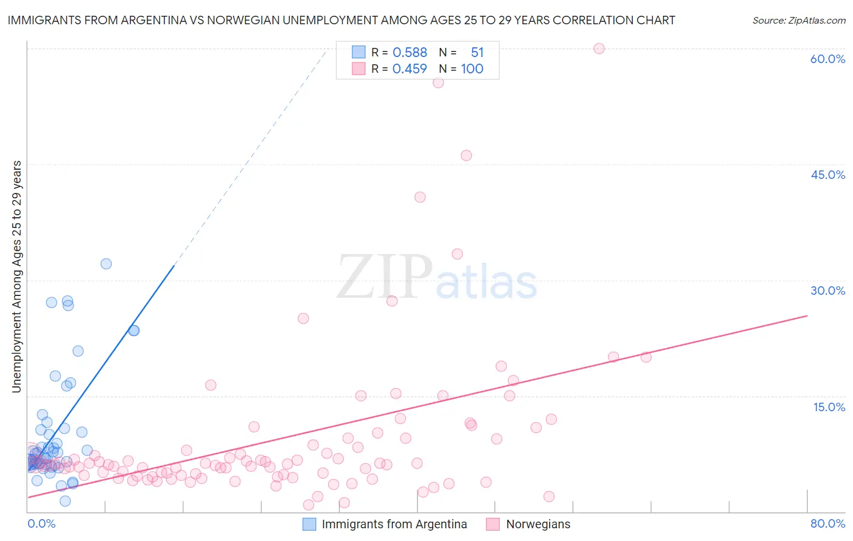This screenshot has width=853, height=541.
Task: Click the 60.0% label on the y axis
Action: (828, 59)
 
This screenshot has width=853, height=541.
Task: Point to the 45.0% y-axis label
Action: (828, 175)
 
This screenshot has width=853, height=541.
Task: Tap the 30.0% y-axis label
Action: (828, 291)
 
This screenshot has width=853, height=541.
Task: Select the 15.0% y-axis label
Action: (829, 407)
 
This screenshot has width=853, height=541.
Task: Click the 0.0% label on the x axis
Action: (41, 523)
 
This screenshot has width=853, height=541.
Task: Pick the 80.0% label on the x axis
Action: (828, 523)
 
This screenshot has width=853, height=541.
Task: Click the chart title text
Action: (341, 20)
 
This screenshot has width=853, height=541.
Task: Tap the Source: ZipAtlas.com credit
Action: (798, 20)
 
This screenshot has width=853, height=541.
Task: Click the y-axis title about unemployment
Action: (16, 277)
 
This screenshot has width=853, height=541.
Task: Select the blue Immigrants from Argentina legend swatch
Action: (309, 524)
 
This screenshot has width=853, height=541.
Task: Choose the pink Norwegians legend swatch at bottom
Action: (493, 524)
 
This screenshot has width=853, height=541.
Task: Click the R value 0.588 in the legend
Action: (410, 52)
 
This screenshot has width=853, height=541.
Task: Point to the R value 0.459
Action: (410, 69)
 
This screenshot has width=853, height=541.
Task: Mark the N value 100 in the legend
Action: (472, 69)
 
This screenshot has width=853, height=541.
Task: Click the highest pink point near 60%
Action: (599, 49)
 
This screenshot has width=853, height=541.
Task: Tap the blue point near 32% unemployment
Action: (106, 264)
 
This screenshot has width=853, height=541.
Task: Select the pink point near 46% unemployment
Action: (466, 155)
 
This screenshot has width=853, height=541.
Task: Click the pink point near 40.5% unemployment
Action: (420, 197)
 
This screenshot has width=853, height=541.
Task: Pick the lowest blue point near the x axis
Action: (65, 501)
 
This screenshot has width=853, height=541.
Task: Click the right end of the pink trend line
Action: (807, 315)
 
